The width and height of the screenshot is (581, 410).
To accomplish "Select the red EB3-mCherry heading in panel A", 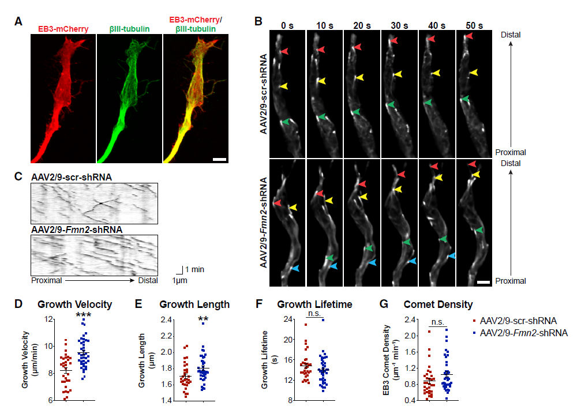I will pos(60,27).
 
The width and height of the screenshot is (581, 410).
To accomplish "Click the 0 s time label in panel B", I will pos(286,25).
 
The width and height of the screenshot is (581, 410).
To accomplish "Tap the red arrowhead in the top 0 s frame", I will pos(283,51).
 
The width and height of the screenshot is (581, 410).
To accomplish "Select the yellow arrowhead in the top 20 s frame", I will pos(359,77).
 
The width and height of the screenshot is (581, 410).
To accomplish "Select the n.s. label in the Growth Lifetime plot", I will pos(314,313).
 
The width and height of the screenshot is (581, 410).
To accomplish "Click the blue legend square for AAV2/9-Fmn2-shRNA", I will pos(475,333).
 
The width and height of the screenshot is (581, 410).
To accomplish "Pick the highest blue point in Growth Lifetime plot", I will pos(323,319).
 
